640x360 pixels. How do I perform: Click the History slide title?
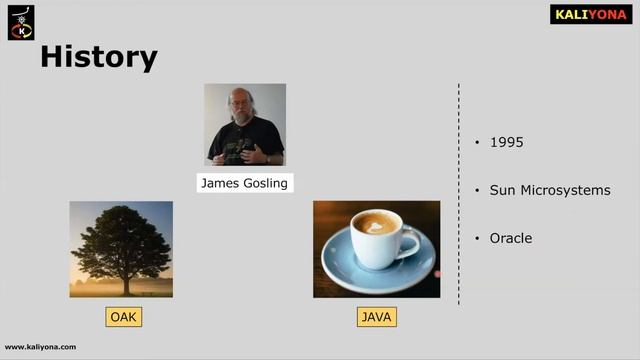pyautogui.click(x=98, y=57)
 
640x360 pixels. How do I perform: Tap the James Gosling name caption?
pyautogui.click(x=244, y=183)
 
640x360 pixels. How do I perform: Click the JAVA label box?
pyautogui.click(x=376, y=318)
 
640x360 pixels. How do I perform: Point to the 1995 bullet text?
pyautogui.click(x=506, y=142)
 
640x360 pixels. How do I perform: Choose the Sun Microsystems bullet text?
pyautogui.click(x=549, y=190)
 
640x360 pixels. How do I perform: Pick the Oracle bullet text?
pyautogui.click(x=510, y=238)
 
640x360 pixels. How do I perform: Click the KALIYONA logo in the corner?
pyautogui.click(x=590, y=14)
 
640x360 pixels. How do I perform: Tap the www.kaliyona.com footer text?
pyautogui.click(x=40, y=347)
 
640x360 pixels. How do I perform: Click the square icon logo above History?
pyautogui.click(x=21, y=21)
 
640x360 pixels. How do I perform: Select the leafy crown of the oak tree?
pyautogui.click(x=120, y=235)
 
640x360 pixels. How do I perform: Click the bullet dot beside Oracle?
pyautogui.click(x=478, y=239)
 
